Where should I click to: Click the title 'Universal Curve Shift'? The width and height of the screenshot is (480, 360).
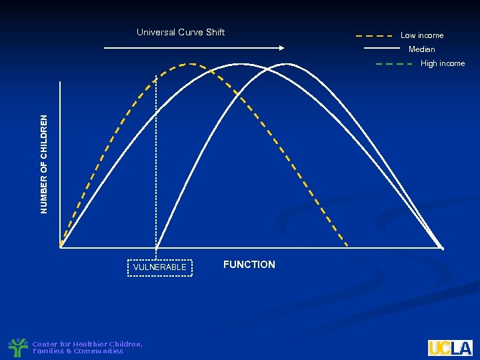pyautogui.click(x=181, y=32)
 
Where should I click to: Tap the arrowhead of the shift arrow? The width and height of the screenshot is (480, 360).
pyautogui.click(x=281, y=47)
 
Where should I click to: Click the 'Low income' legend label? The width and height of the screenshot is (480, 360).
pyautogui.click(x=421, y=35)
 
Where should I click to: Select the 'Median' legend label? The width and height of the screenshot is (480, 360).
pyautogui.click(x=421, y=49)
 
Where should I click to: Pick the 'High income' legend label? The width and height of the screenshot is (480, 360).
pyautogui.click(x=443, y=63)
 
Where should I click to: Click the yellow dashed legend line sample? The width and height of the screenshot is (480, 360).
pyautogui.click(x=373, y=35)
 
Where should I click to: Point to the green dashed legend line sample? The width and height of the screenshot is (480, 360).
pyautogui.click(x=394, y=64)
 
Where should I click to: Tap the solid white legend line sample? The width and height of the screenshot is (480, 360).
pyautogui.click(x=382, y=49)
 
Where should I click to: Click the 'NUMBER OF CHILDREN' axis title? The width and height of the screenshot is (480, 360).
pyautogui.click(x=44, y=164)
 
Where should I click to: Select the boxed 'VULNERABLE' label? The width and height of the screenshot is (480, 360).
pyautogui.click(x=159, y=267)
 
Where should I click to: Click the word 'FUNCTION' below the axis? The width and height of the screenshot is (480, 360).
pyautogui.click(x=249, y=265)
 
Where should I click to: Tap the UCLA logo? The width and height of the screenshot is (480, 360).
pyautogui.click(x=450, y=348)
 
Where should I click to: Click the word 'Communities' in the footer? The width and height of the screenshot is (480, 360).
pyautogui.click(x=99, y=351)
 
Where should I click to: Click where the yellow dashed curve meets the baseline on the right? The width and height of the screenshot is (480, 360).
pyautogui.click(x=347, y=245)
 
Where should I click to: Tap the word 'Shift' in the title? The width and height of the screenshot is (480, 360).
pyautogui.click(x=215, y=32)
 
